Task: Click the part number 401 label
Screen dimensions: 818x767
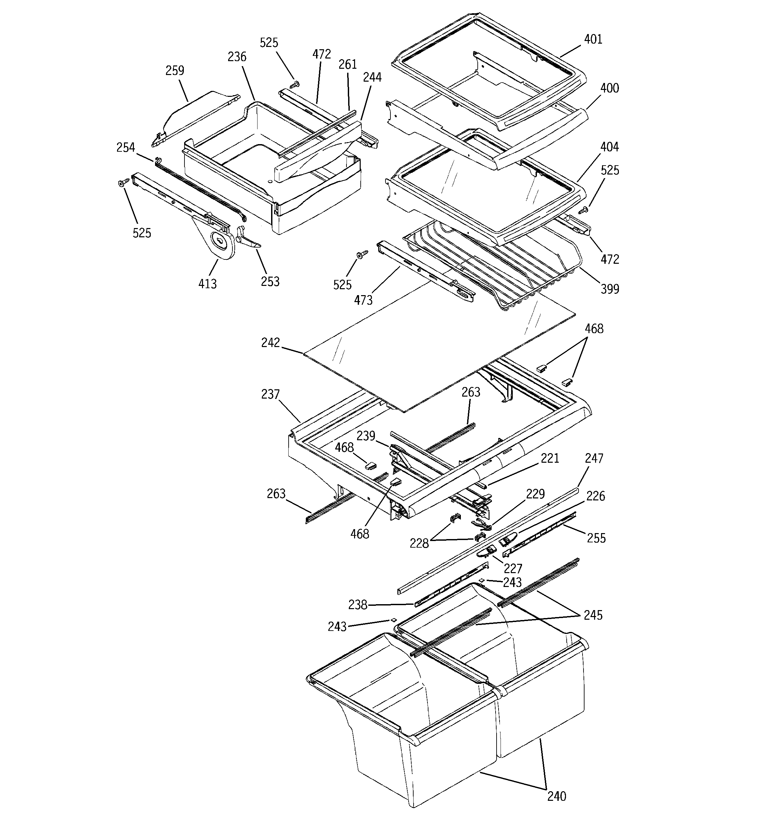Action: [x=593, y=40]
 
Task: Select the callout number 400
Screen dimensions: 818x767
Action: [x=609, y=88]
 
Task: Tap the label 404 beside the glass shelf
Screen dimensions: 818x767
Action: [x=609, y=147]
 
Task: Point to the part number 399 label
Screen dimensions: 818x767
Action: [x=610, y=289]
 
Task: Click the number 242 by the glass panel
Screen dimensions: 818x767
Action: [x=270, y=343]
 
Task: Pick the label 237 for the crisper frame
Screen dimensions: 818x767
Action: [x=270, y=395]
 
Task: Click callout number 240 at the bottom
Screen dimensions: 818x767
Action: [x=557, y=808]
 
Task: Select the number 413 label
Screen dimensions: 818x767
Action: [x=208, y=284]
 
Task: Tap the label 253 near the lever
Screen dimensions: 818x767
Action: [x=270, y=282]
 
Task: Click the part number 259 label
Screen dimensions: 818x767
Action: [x=175, y=71]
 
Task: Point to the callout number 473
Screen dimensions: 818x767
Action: [x=363, y=300]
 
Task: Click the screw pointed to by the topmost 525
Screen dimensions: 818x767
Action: [x=294, y=84]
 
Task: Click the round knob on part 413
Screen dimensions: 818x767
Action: [x=220, y=240]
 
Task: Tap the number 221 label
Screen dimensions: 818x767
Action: [x=550, y=458]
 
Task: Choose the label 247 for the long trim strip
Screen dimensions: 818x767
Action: [x=594, y=458]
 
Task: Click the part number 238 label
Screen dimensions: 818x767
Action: [x=358, y=605]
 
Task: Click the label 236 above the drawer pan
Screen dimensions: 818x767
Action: [x=237, y=57]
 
